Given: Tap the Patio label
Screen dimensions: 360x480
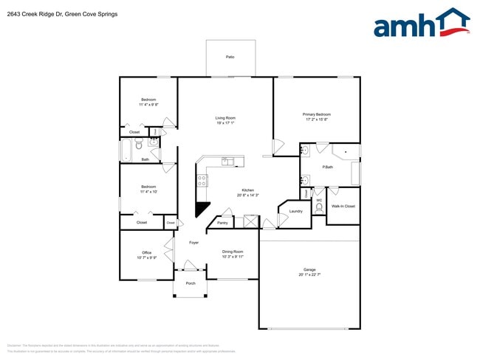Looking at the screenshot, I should click(230, 57).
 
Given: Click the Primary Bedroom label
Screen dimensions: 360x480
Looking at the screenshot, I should click(317, 114).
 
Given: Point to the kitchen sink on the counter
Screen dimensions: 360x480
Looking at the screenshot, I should click(227, 162).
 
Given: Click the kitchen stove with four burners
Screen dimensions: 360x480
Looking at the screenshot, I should click(202, 181).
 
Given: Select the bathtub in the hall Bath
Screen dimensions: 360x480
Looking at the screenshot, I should click(126, 150).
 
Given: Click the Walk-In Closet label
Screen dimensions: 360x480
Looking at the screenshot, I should click(343, 206).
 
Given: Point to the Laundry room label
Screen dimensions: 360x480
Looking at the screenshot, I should click(296, 211).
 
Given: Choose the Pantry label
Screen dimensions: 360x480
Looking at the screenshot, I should click(222, 222).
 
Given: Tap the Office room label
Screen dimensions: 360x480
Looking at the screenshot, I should click(147, 252).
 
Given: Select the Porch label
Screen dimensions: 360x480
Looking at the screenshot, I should click(191, 283).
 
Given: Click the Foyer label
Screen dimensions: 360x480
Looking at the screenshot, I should click(193, 242).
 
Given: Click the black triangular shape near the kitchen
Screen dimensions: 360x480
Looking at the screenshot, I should click(202, 209).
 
